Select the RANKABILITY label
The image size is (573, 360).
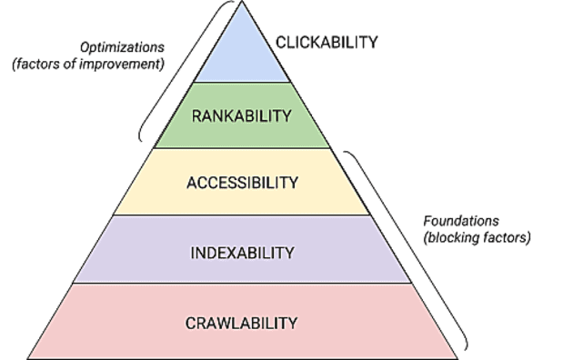[242, 115]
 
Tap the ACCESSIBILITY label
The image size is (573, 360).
[242, 183]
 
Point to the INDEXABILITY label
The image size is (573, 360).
[242, 251]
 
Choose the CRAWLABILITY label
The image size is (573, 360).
[242, 322]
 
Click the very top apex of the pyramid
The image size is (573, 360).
[242, 3]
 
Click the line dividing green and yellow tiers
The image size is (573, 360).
[242, 148]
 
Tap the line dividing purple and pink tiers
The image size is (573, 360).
[242, 284]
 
